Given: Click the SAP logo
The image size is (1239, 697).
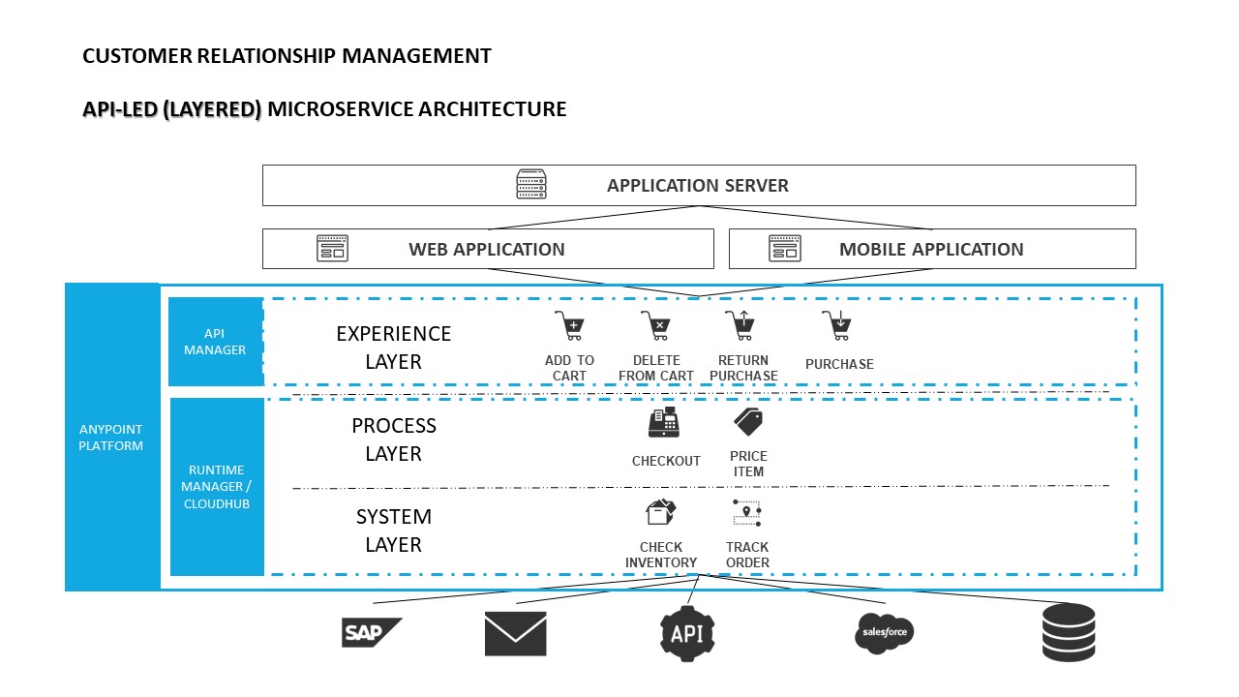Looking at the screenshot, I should [371, 632].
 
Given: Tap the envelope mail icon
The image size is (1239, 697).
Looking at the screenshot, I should [515, 634].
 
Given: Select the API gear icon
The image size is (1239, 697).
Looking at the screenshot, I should [687, 633].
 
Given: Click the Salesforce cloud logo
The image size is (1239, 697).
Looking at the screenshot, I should [885, 633].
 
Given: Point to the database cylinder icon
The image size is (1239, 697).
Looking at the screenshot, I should [1069, 632].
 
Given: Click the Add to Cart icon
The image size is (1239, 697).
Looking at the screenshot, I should [569, 325].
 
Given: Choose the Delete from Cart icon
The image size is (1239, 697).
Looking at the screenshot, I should [655, 325].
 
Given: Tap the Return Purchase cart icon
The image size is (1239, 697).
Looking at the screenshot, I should [740, 325].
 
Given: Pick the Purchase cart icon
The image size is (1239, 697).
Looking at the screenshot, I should [836, 325].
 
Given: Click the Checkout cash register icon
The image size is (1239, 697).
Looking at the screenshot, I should [664, 423].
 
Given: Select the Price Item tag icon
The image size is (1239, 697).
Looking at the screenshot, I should [748, 421].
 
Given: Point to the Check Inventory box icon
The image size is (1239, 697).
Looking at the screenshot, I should [661, 513].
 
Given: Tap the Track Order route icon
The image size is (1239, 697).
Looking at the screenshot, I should [747, 513].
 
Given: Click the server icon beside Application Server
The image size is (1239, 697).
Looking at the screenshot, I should [531, 185].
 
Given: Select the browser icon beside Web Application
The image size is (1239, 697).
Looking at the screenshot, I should [332, 249].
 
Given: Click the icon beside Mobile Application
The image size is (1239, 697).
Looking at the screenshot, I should [785, 249].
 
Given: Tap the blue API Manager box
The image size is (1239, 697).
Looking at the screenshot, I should [215, 342].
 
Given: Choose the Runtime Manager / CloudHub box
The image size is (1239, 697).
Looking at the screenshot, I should [217, 487].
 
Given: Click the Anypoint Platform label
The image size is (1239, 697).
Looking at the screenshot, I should [111, 438].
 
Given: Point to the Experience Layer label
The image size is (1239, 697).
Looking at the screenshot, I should [393, 348].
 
